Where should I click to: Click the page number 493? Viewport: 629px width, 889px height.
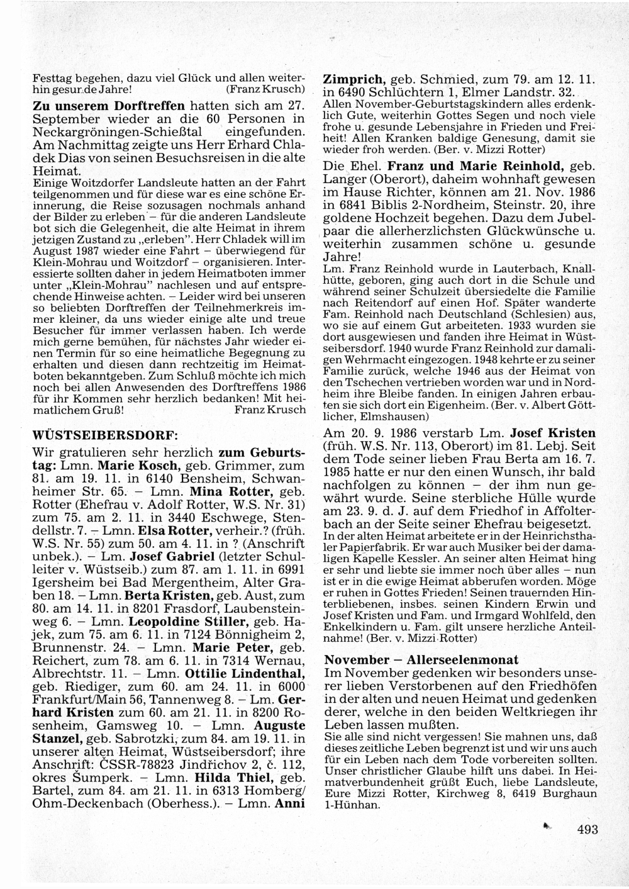click(x=587, y=829)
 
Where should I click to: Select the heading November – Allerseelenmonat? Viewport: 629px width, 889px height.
click(x=421, y=659)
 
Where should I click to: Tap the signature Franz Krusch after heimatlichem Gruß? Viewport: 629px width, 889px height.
click(x=269, y=410)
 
